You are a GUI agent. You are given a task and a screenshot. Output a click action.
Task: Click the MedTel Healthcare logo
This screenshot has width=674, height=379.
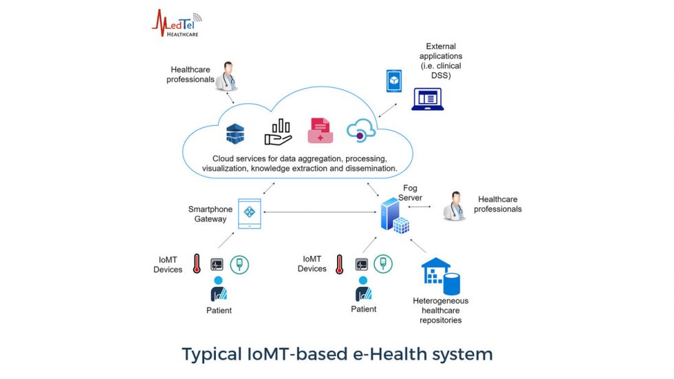click(176, 23)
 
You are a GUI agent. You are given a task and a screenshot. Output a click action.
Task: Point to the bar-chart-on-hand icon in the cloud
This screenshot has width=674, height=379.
click(279, 131)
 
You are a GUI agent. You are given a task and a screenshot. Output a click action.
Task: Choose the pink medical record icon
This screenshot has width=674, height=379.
click(320, 131)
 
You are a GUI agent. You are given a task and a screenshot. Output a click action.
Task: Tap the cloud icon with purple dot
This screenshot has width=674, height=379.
click(361, 130)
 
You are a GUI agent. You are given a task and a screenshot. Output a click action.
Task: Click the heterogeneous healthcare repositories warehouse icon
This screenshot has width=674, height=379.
click(440, 276)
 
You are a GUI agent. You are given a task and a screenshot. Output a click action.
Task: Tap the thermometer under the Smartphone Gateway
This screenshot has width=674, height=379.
click(197, 265)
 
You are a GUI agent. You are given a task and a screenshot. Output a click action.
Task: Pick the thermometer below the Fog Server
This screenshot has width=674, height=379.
click(339, 265)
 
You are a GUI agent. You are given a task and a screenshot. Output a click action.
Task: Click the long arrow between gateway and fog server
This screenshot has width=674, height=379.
click(320, 212)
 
